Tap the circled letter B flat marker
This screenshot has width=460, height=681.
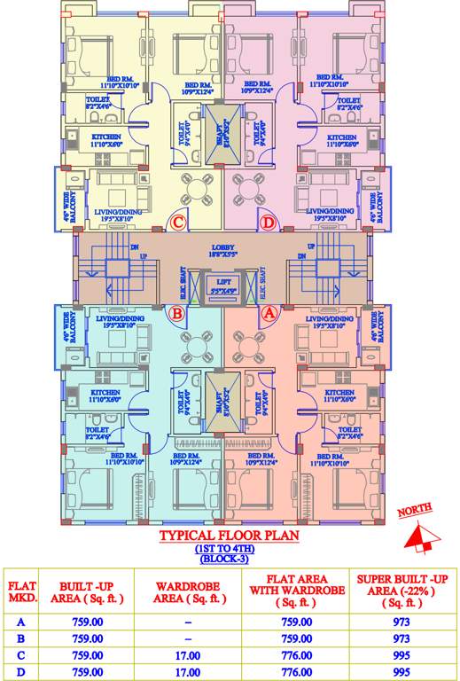177,312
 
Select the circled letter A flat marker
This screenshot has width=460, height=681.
270,312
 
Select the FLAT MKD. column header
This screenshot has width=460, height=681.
22,591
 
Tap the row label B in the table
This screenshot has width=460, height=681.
22,638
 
